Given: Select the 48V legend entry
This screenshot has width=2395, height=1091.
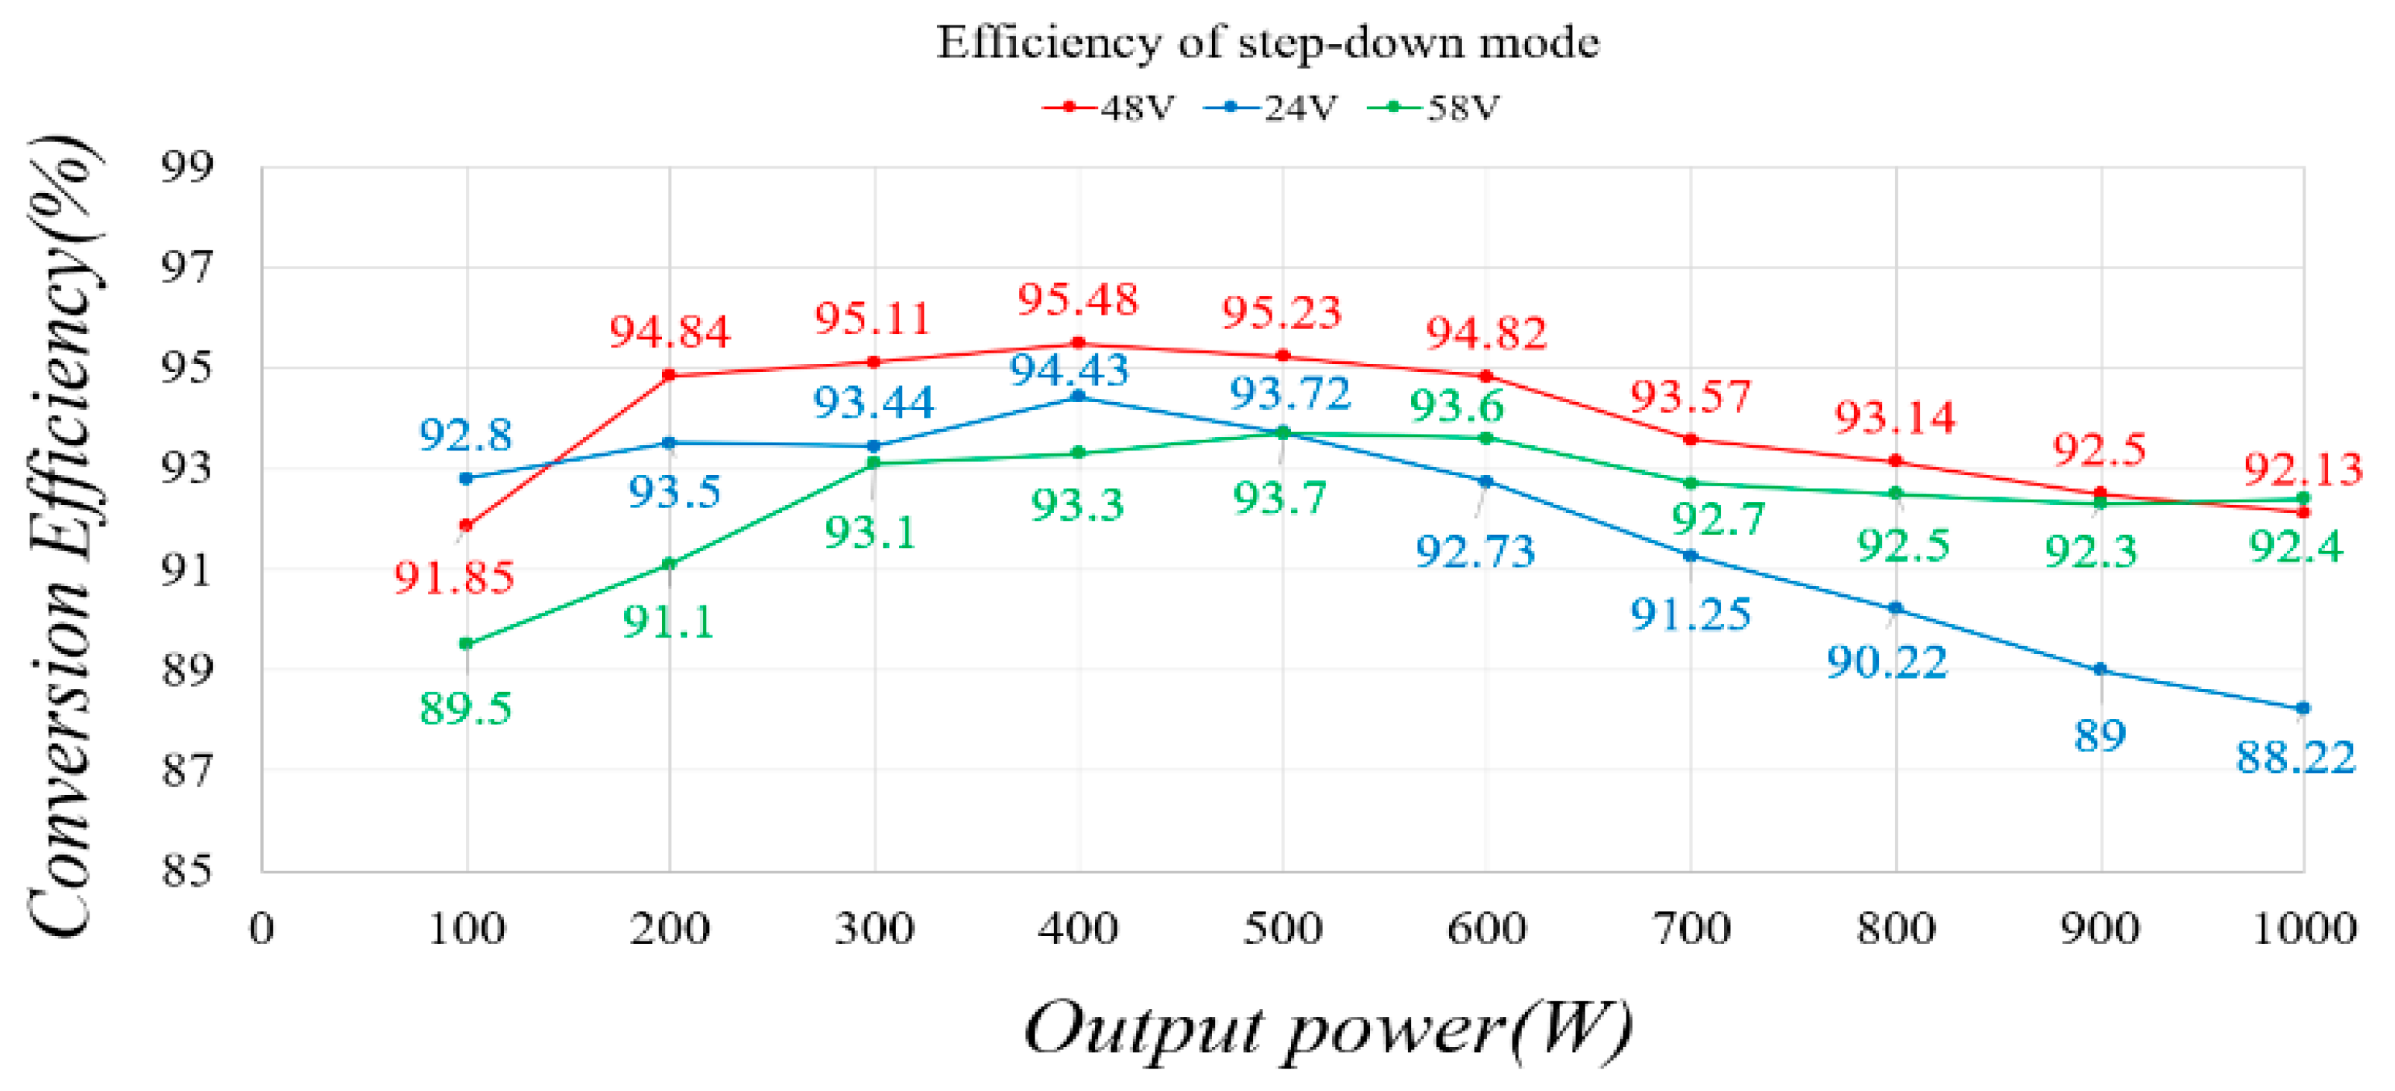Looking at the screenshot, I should pyautogui.click(x=1108, y=108).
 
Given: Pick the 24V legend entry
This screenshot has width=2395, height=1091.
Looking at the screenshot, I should pyautogui.click(x=1270, y=108).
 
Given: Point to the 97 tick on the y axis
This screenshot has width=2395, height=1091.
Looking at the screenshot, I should pyautogui.click(x=187, y=268).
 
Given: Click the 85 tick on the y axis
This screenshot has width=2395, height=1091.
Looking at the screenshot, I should pyautogui.click(x=187, y=870).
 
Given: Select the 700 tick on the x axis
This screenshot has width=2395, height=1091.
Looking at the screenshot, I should pyautogui.click(x=1691, y=928).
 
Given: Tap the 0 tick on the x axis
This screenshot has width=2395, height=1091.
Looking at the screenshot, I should pyautogui.click(x=262, y=928).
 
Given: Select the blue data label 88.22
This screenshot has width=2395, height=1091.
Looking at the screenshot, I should pyautogui.click(x=2296, y=757).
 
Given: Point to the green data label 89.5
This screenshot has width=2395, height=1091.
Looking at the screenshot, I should pyautogui.click(x=466, y=708).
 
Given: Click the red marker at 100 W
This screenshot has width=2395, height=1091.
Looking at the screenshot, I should pyautogui.click(x=467, y=526).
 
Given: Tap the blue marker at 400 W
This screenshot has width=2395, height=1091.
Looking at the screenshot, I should pyautogui.click(x=1079, y=396).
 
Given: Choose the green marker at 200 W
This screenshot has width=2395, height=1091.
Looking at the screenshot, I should pyautogui.click(x=669, y=564).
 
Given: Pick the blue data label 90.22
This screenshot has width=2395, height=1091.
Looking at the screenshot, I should pyautogui.click(x=1887, y=662).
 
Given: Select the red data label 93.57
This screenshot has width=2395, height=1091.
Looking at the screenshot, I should pyautogui.click(x=1691, y=397).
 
